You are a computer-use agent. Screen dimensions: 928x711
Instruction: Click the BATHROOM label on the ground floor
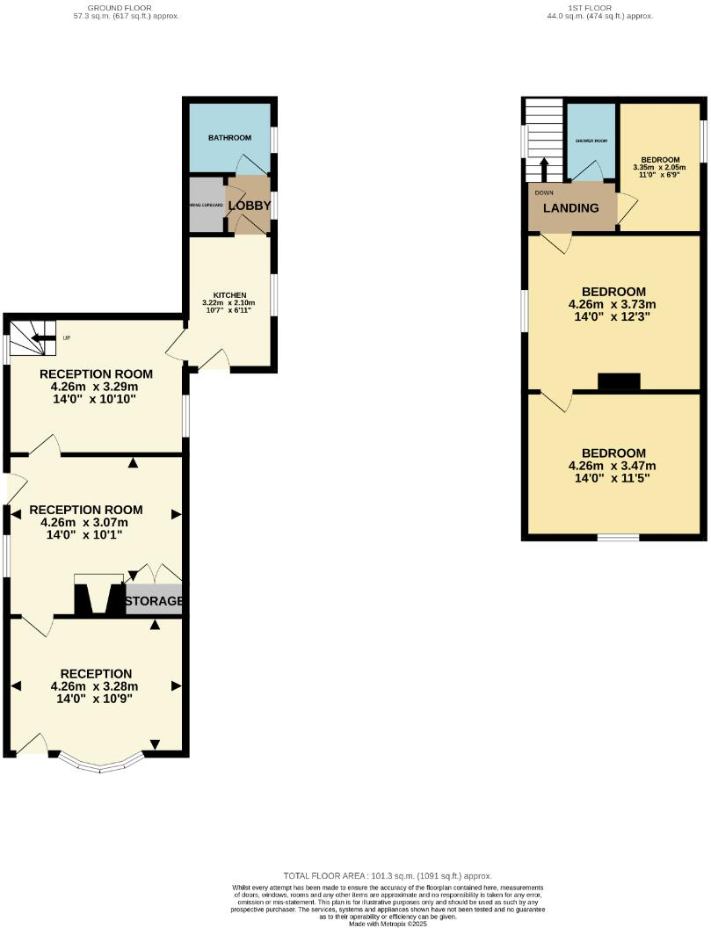[229, 138]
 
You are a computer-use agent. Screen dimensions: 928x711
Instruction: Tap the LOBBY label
[249, 205]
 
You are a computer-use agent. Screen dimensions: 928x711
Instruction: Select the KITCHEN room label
[229, 294]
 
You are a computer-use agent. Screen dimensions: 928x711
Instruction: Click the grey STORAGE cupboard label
[154, 602]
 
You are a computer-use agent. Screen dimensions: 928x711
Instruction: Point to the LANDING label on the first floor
[570, 208]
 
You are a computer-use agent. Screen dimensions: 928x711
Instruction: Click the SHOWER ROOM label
[591, 141]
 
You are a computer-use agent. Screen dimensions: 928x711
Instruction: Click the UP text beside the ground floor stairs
[66, 337]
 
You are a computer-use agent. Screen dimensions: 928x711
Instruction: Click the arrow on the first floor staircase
[543, 166]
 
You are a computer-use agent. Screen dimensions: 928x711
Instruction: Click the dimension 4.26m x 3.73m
[613, 305]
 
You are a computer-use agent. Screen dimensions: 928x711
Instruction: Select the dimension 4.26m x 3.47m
[613, 466]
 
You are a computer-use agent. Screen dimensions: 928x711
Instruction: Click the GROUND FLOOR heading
[127, 8]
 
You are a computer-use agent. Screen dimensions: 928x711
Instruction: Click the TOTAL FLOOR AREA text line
[388, 876]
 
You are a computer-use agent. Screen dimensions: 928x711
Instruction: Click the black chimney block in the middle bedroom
[619, 381]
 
